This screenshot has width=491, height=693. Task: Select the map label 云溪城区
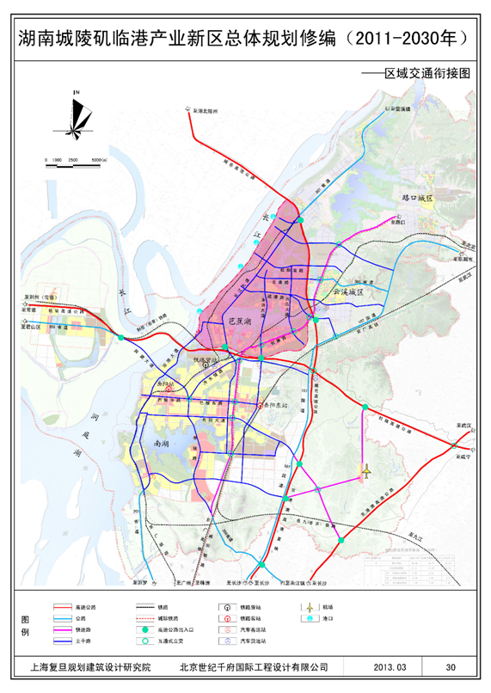pyautogui.click(x=349, y=293)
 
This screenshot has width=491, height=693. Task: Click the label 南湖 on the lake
pyautogui.click(x=161, y=444)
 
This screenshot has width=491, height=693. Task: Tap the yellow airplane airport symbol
pyautogui.click(x=365, y=470)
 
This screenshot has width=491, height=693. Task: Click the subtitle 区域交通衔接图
pyautogui.click(x=428, y=74)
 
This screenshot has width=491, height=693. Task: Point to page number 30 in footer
pyautogui.click(x=451, y=666)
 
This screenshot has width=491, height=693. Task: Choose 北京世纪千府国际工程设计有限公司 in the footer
pyautogui.click(x=254, y=666)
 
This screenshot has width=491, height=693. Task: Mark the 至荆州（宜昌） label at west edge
pyautogui.click(x=41, y=297)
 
